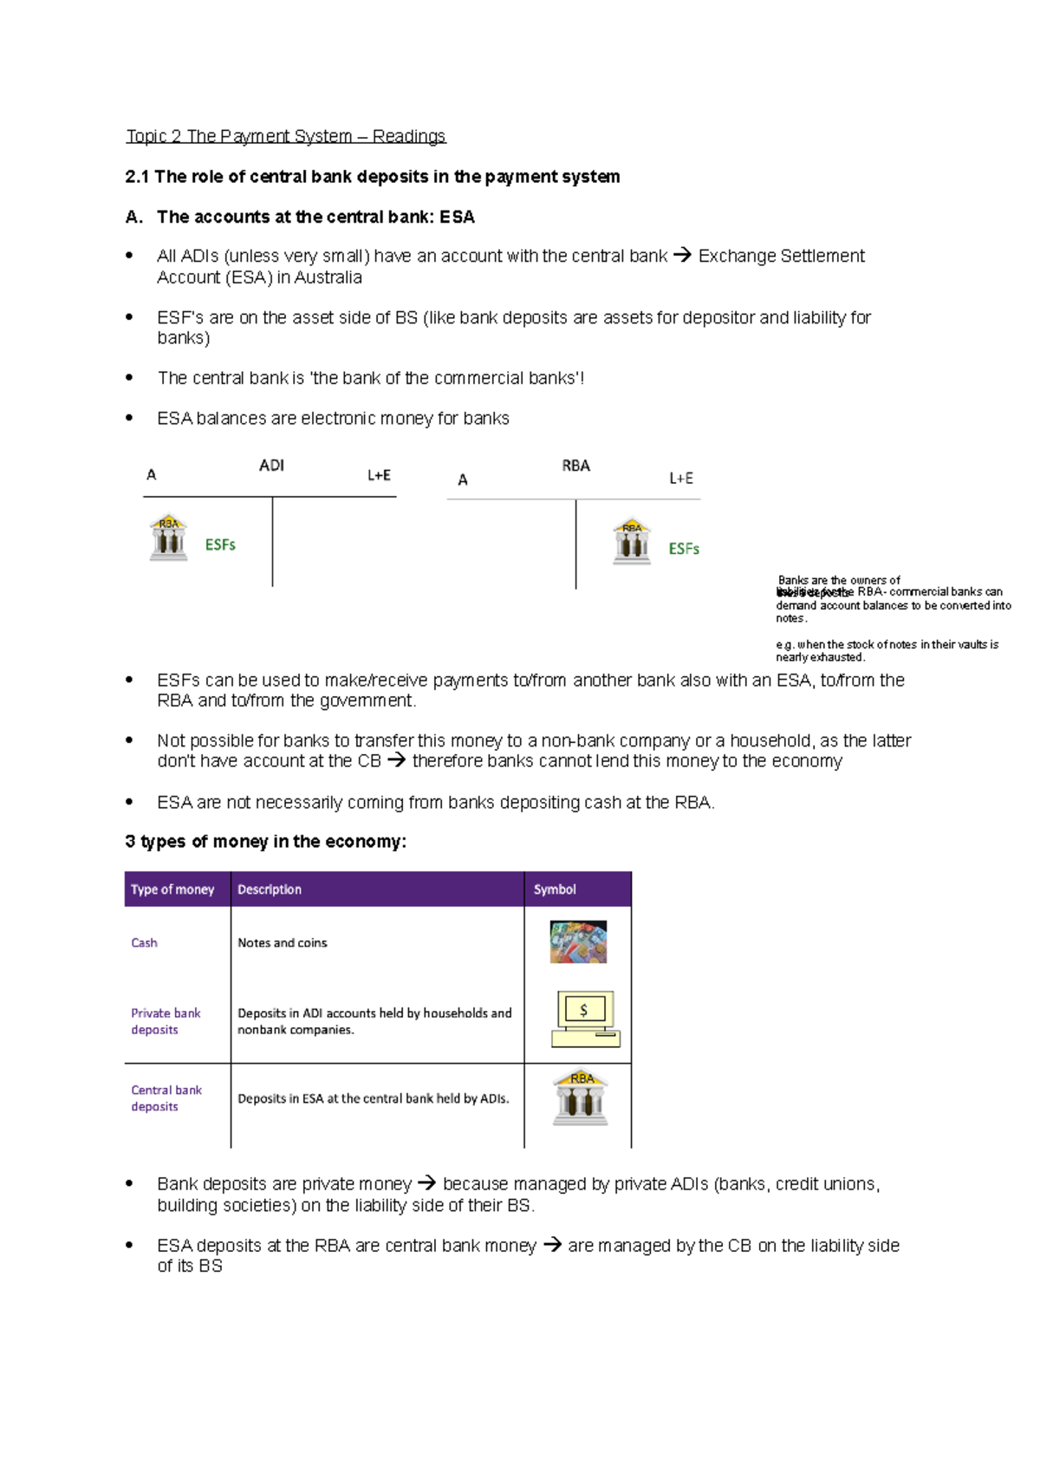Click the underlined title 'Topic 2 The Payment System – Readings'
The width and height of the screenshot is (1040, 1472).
coord(285,136)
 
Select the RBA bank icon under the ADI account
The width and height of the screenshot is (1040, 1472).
coord(169,537)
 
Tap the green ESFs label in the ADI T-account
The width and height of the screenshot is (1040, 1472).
coord(220,544)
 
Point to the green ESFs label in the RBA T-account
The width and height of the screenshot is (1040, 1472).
coord(684,549)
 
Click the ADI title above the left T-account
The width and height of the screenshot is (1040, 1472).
coord(271,466)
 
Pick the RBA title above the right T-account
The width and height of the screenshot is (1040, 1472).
coord(575,466)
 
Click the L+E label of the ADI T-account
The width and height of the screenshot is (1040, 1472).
coord(379,475)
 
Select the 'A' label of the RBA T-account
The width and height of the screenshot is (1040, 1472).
coord(463,479)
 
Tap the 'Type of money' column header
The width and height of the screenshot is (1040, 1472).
coord(172,889)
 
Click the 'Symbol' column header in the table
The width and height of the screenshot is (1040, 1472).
coord(555,889)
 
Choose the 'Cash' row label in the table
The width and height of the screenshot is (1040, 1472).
coord(144,942)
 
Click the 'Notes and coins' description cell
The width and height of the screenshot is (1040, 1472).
coord(283,942)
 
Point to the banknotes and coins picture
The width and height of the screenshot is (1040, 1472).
coord(578,942)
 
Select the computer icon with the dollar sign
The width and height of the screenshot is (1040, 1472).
coord(586,1019)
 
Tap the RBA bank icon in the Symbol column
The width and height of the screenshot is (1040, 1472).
coord(581,1098)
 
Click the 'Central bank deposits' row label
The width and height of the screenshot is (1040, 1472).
coord(166,1098)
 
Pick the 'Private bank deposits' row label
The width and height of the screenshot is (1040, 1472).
coord(165,1021)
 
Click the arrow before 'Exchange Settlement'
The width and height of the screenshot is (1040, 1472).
coord(683,256)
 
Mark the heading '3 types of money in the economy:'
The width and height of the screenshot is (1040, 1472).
coord(265,842)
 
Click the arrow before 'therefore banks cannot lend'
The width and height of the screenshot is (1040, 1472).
coord(396,761)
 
